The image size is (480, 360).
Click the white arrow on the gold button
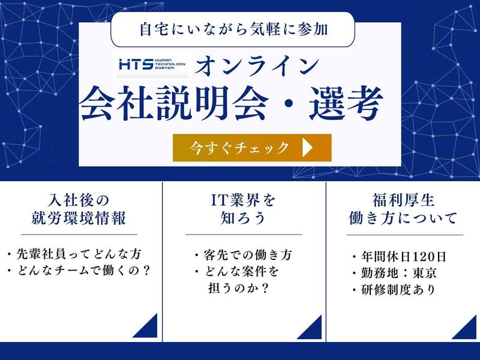click(x=308, y=148)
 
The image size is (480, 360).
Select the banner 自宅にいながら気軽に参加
click(x=232, y=28)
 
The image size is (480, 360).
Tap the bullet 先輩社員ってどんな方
click(x=77, y=254)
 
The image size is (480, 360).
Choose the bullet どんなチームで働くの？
click(x=79, y=271)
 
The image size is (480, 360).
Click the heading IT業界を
click(x=243, y=199)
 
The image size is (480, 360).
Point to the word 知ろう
click(x=243, y=218)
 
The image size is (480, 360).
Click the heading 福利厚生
click(x=403, y=199)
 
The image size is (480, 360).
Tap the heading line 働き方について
click(x=403, y=218)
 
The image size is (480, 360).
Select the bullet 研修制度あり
click(x=395, y=290)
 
